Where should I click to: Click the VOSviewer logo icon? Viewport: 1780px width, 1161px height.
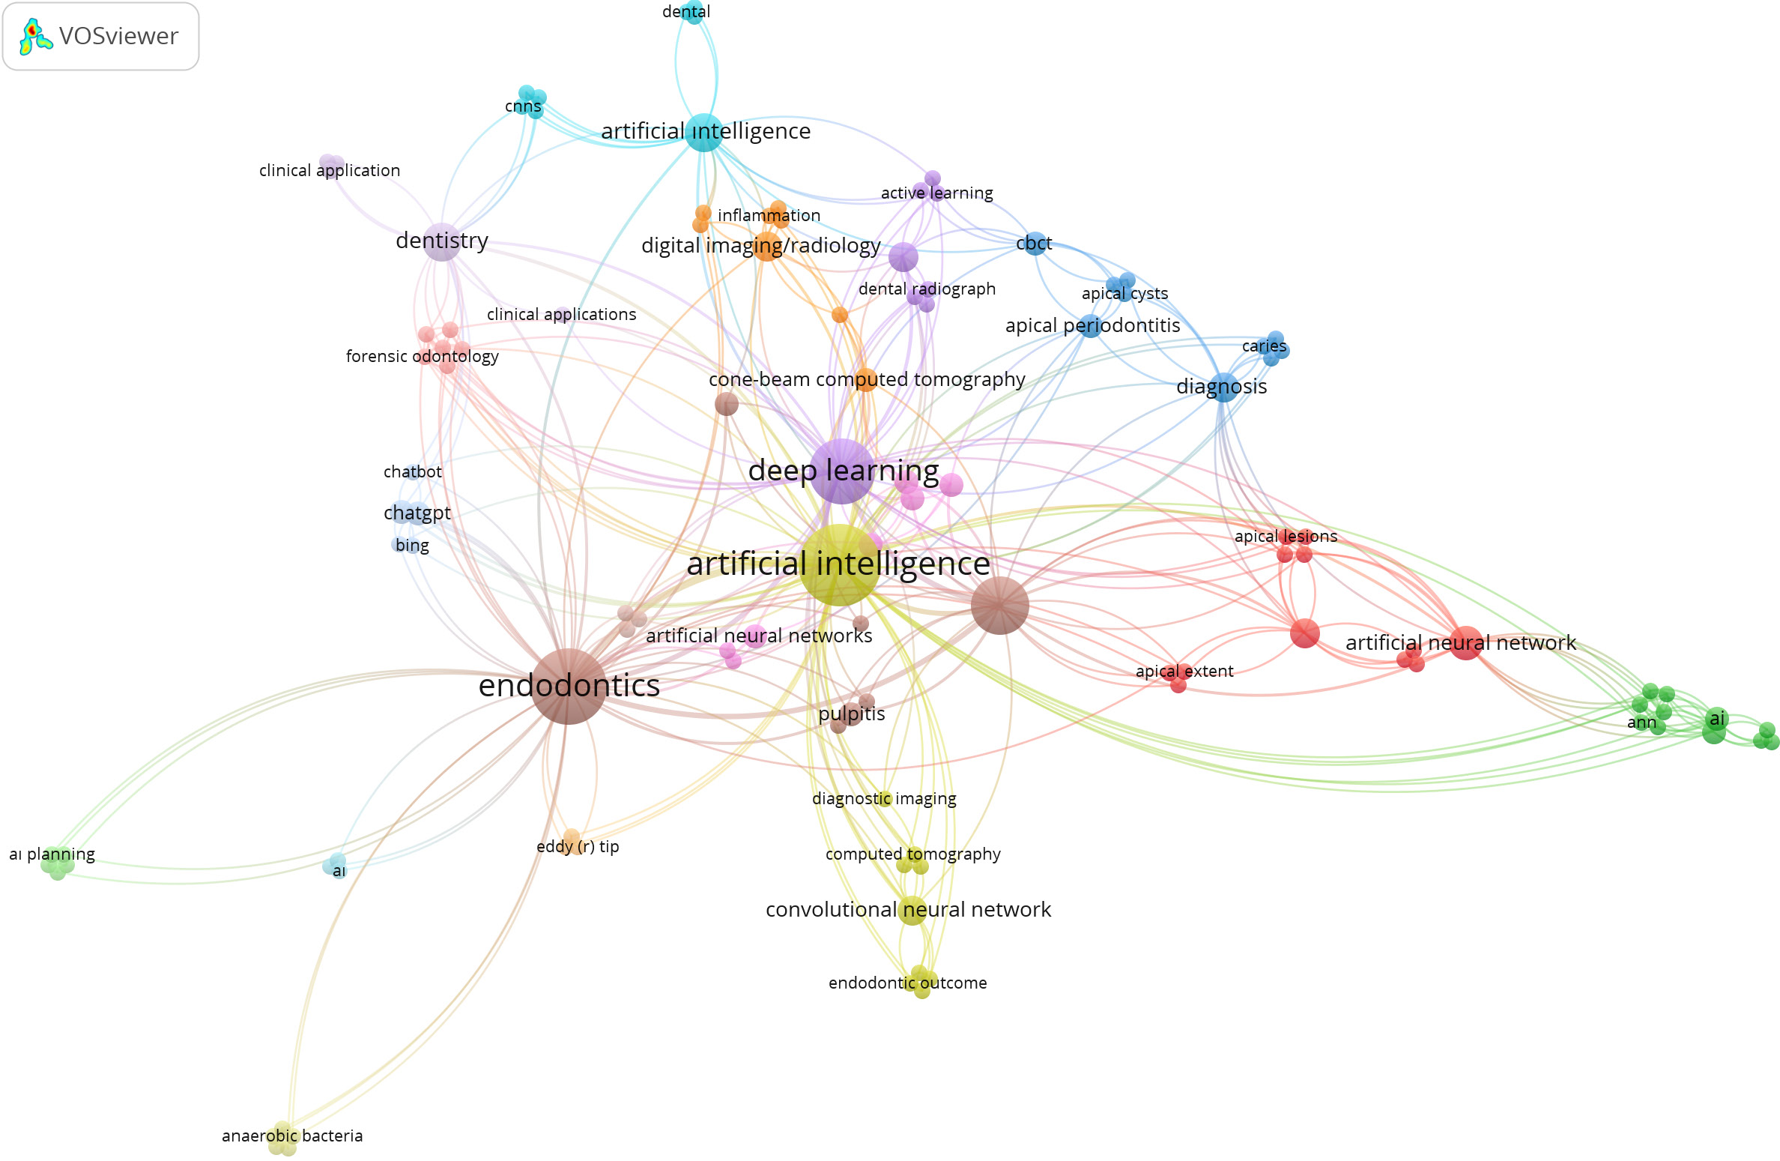[x=34, y=36]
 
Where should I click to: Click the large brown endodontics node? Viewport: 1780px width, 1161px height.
[x=569, y=686]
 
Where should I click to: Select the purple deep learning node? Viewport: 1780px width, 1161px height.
[x=842, y=471]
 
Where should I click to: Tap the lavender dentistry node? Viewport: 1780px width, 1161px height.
[x=442, y=241]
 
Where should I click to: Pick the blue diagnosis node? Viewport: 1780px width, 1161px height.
[x=1223, y=387]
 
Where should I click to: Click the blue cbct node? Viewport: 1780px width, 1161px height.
[x=1035, y=244]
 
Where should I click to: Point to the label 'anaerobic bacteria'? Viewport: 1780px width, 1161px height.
[x=292, y=1136]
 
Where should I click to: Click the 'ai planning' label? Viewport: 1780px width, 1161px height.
[x=52, y=854]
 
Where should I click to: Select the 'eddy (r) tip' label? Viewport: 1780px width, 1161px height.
[x=578, y=846]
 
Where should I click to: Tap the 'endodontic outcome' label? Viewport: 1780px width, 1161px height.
[x=907, y=983]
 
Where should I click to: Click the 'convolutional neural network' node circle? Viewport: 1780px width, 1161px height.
[x=912, y=910]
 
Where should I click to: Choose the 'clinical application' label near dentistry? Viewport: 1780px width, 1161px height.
[x=330, y=170]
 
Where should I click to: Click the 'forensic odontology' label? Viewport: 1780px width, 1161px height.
[x=422, y=356]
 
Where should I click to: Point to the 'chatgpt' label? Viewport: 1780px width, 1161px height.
[x=417, y=513]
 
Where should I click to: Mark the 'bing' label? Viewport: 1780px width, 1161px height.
[x=412, y=545]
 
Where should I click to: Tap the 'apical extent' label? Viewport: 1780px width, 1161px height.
[x=1184, y=671]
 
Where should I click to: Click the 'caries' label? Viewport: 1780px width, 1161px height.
[x=1264, y=346]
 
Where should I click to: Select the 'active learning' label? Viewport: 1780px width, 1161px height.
[x=936, y=193]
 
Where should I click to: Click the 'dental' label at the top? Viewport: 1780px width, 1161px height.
[x=686, y=11]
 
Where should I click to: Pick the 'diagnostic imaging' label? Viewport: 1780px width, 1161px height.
[x=884, y=798]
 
